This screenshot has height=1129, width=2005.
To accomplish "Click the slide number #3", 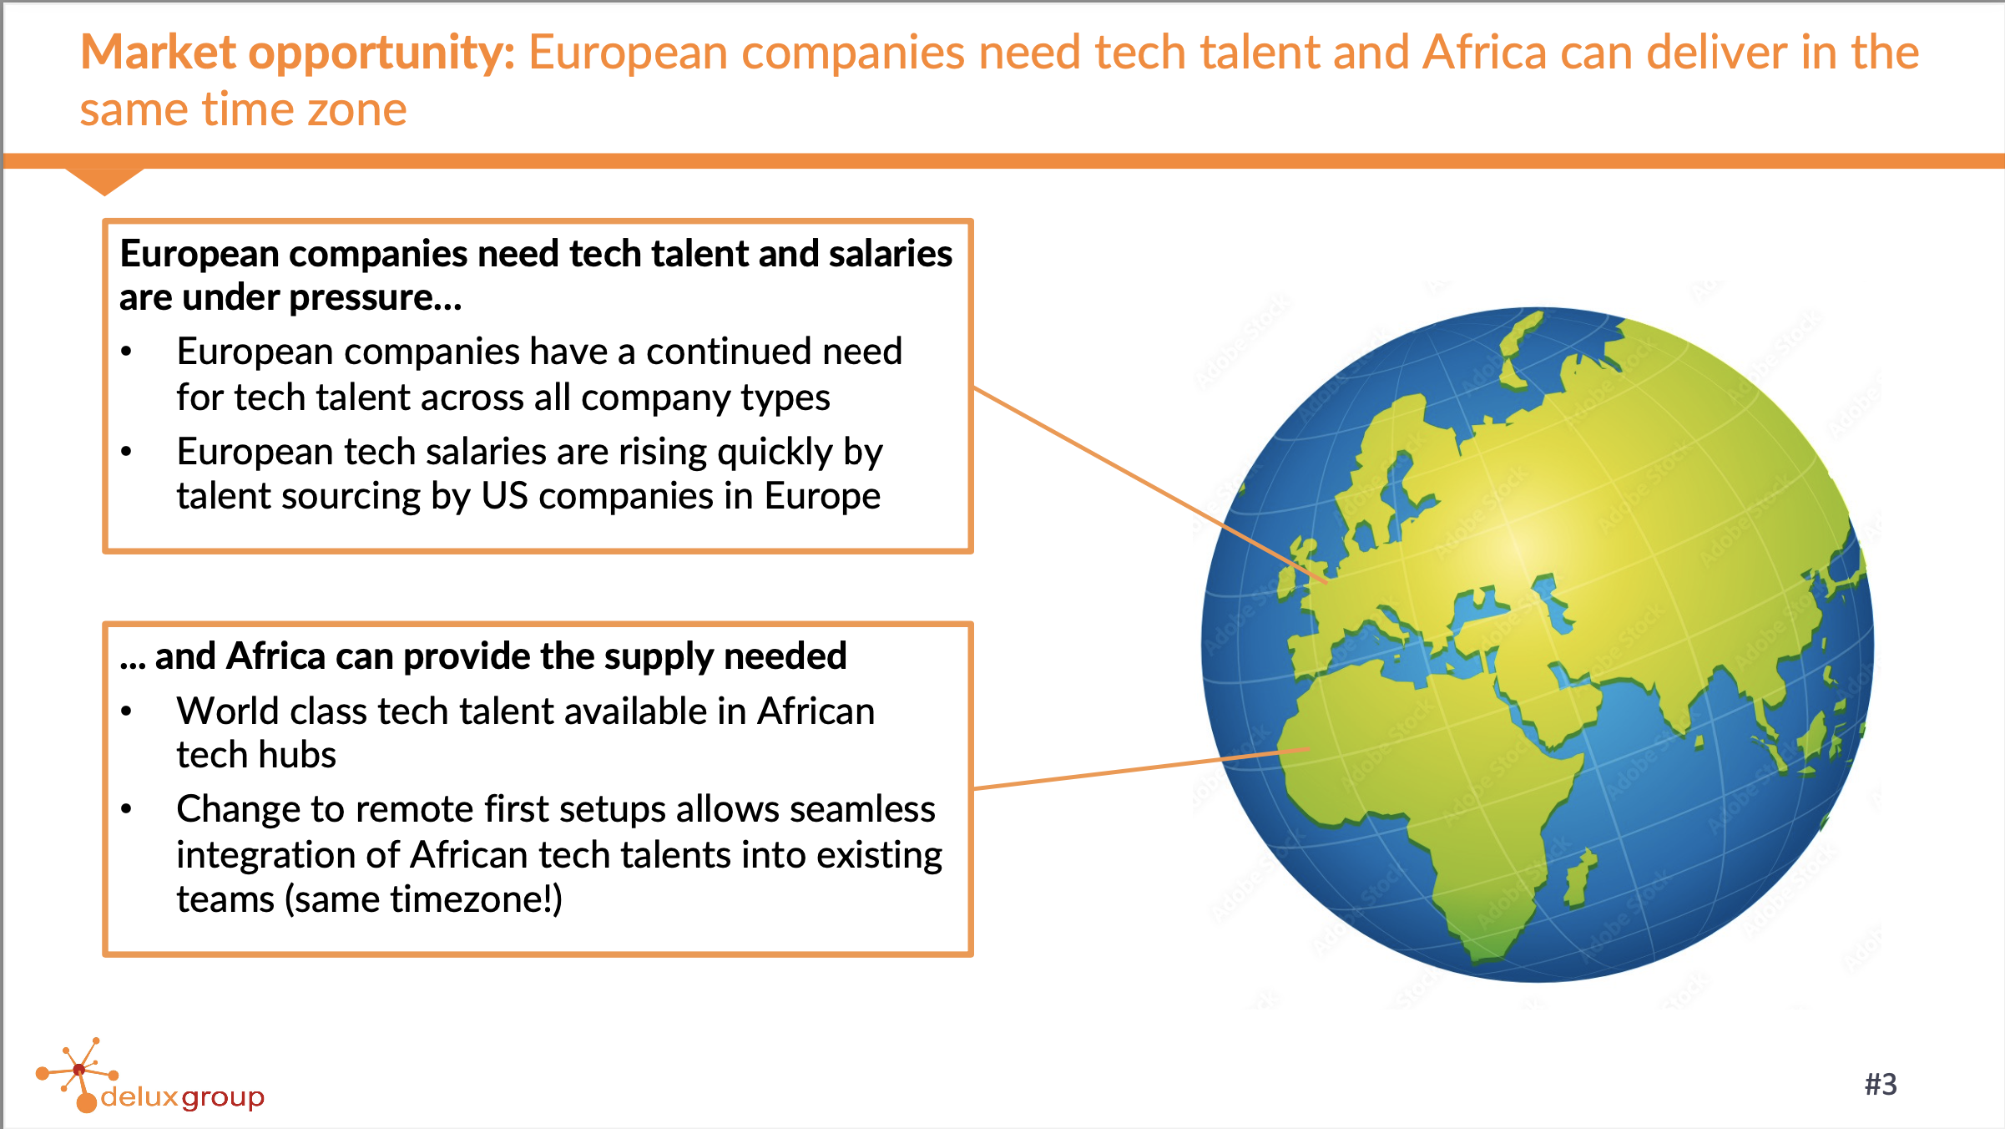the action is point(1881,1084).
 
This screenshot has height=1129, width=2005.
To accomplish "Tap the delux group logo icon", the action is point(77,1076).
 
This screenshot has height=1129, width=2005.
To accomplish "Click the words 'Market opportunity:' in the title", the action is point(298,53).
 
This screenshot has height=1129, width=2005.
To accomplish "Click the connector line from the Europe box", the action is point(1150,484).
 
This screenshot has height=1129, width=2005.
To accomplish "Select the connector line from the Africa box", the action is point(1141,768).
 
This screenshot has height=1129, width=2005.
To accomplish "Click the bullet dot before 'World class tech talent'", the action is point(126,711).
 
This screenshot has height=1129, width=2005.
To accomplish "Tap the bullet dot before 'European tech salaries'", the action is point(126,452).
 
